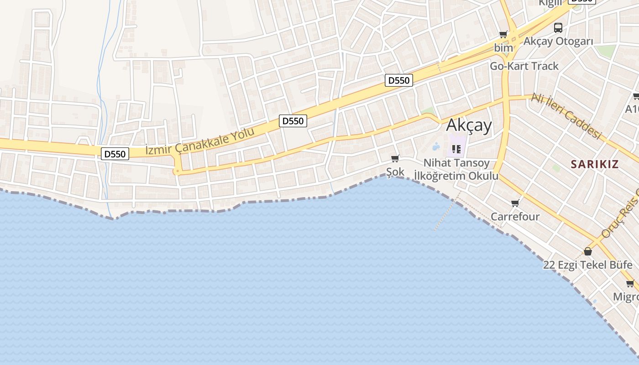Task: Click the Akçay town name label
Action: [469, 125]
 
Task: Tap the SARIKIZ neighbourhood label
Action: [595, 164]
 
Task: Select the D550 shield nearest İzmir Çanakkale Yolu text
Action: [115, 154]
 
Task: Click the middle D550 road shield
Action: [293, 121]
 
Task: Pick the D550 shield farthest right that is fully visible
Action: [399, 81]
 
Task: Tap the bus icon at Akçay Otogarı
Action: [558, 28]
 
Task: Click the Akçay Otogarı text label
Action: [558, 41]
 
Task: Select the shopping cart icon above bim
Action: [503, 35]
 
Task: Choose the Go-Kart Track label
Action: [524, 66]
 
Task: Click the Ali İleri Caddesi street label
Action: [566, 116]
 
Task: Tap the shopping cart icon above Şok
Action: [395, 159]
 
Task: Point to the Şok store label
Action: [395, 172]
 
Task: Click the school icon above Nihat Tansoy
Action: [456, 149]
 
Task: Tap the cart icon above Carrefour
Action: [515, 203]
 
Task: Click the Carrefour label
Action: [515, 216]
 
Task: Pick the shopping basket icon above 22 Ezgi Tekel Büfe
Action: [588, 251]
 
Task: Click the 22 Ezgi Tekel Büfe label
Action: [587, 265]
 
